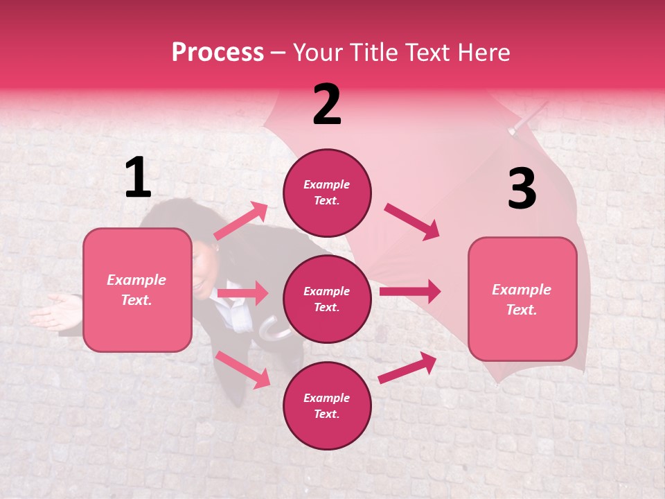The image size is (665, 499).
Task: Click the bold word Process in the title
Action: tap(218, 53)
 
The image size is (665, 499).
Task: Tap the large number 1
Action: tap(138, 177)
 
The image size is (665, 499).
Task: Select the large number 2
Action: tap(327, 105)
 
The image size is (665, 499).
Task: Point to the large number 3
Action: tap(522, 189)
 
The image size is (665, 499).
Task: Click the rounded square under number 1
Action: tap(137, 290)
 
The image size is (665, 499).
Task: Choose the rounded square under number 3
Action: tap(522, 299)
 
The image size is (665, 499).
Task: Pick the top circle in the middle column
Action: tap(327, 193)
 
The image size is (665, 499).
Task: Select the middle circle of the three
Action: tap(327, 299)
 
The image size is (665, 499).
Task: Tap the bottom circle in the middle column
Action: tap(327, 405)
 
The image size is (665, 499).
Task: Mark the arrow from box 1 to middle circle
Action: tap(242, 293)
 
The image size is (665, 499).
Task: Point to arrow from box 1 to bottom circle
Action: tap(242, 369)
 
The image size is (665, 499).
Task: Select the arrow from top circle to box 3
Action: tap(412, 222)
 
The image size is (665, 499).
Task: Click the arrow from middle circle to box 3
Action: tap(409, 291)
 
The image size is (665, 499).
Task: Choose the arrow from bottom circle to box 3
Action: tap(408, 367)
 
